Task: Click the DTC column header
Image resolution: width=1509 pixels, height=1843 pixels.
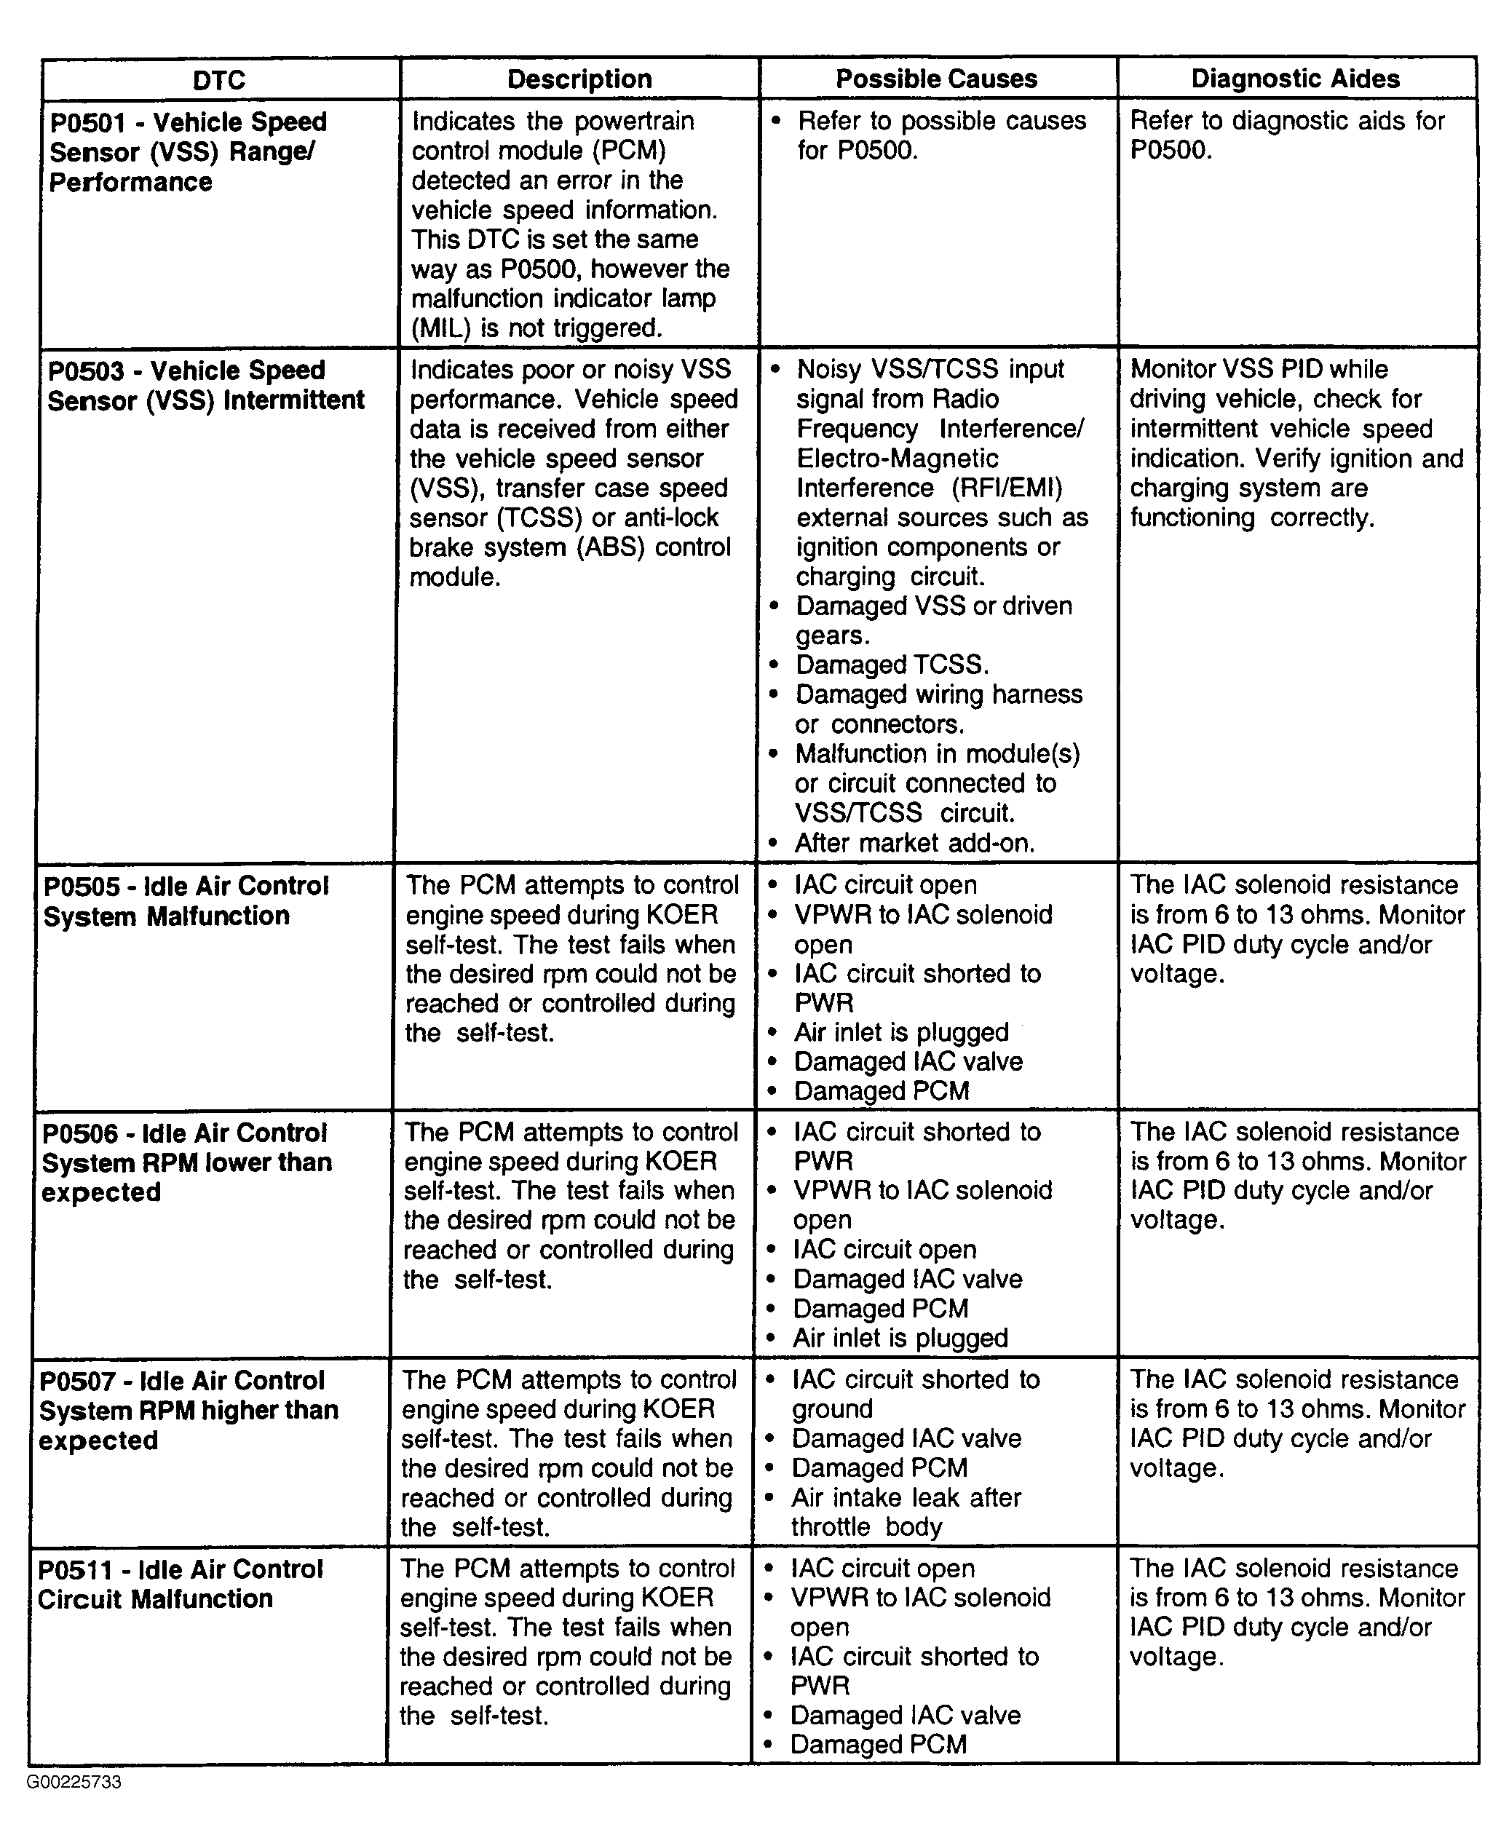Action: [x=219, y=80]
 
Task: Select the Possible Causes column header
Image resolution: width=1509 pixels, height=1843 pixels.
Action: [x=936, y=79]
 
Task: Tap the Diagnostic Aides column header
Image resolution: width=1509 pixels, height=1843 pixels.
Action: [x=1295, y=79]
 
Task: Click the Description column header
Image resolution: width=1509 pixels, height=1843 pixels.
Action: [x=579, y=79]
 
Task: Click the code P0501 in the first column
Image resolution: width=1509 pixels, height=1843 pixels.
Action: [x=87, y=122]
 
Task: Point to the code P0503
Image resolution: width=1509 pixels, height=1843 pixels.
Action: [x=85, y=371]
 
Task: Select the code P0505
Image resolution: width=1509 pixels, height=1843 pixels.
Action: [x=82, y=887]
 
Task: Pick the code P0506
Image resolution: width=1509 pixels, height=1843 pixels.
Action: [x=80, y=1133]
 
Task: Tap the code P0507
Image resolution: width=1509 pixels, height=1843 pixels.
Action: [x=78, y=1382]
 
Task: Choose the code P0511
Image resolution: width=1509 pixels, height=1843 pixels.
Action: [x=76, y=1569]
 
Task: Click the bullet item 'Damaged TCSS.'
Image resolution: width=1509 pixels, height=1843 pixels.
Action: [x=892, y=665]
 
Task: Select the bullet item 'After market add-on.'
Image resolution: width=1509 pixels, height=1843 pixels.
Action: [x=914, y=844]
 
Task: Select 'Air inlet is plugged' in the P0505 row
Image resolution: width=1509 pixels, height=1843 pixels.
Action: [x=900, y=1033]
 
